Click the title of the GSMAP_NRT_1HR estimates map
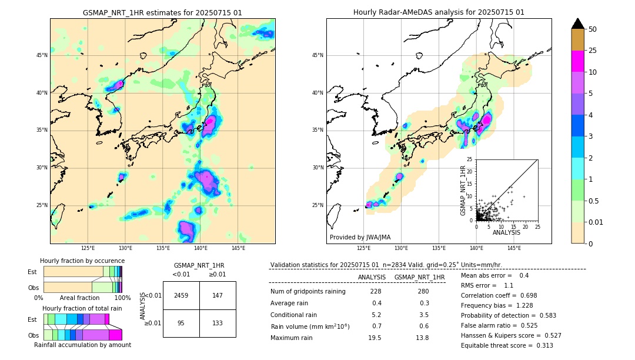point(162,12)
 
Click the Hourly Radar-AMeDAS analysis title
point(439,12)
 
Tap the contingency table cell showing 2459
point(181,295)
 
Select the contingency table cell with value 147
point(218,295)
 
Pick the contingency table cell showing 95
point(181,323)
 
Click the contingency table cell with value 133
point(218,323)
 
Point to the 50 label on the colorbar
point(593,29)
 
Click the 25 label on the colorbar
point(593,51)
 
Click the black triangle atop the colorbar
point(578,24)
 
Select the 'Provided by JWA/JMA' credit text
point(360,238)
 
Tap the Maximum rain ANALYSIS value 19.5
point(375,338)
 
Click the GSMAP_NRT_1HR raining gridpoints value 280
point(424,292)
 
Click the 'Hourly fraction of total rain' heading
point(82,308)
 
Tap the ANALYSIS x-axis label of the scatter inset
point(506,232)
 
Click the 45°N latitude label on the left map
point(42,55)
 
